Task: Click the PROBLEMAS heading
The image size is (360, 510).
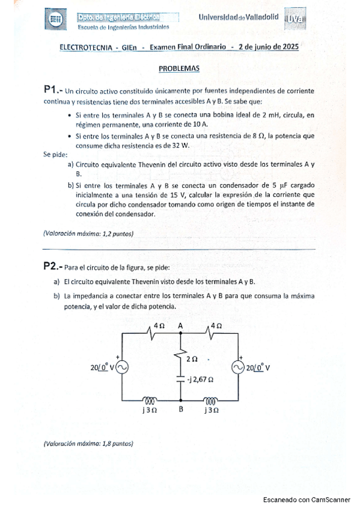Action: click(x=179, y=69)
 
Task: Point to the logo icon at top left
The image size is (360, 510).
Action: click(x=55, y=21)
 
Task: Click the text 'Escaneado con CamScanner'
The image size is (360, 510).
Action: click(x=307, y=499)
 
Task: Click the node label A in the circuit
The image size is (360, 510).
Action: click(x=180, y=325)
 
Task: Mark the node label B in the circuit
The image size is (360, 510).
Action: click(x=180, y=410)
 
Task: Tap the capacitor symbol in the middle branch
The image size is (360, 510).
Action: click(x=180, y=379)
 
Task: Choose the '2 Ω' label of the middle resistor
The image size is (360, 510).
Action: click(x=192, y=359)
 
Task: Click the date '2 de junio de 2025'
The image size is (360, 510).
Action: click(x=268, y=46)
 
